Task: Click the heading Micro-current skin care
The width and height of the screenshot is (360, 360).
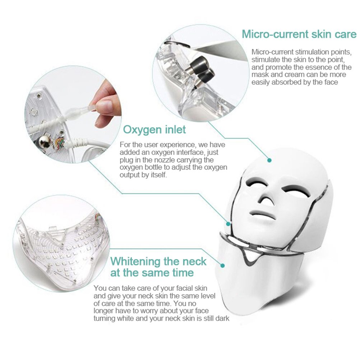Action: pyautogui.click(x=299, y=34)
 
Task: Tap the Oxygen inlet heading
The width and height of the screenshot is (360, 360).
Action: pyautogui.click(x=154, y=129)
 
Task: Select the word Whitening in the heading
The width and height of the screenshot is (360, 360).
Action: pyautogui.click(x=135, y=261)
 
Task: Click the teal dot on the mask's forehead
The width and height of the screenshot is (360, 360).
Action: pyautogui.click(x=269, y=160)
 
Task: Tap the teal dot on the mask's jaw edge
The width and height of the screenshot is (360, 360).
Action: pyautogui.click(x=228, y=223)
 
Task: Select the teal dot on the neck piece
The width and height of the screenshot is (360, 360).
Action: pyautogui.click(x=222, y=266)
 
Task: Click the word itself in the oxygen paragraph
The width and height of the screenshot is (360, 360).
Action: pyautogui.click(x=159, y=175)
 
